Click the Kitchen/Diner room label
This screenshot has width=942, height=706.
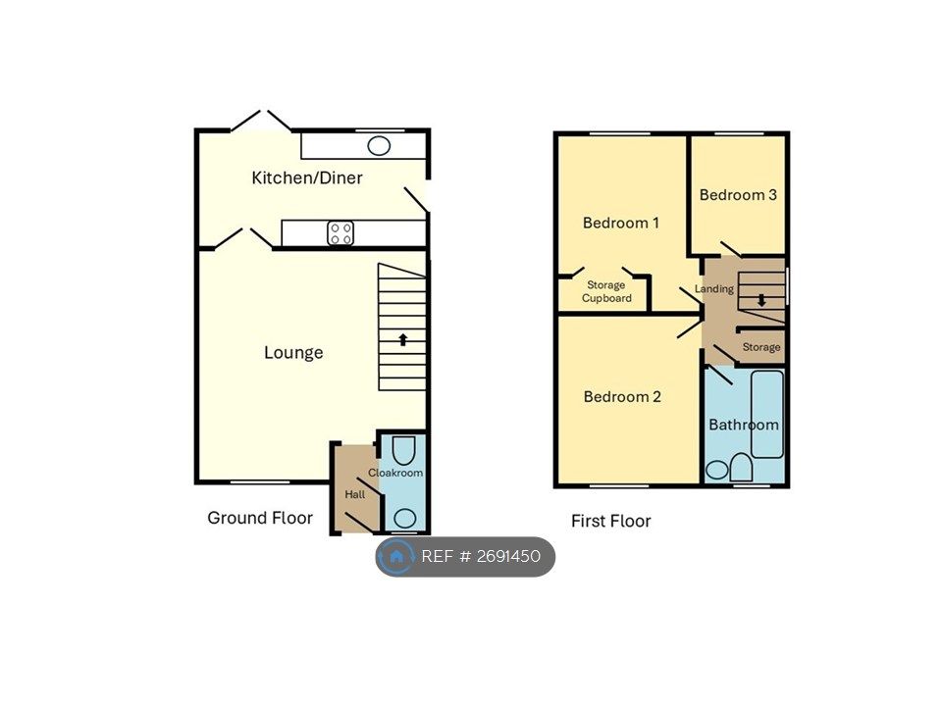[307, 177]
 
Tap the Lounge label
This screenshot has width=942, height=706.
[293, 352]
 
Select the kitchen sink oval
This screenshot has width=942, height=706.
[379, 146]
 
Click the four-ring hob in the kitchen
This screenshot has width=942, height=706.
[340, 233]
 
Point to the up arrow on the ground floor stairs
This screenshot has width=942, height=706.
[402, 339]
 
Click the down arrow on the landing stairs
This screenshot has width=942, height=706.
[761, 300]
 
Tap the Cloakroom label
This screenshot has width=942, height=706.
[395, 473]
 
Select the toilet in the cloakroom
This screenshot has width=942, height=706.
[403, 451]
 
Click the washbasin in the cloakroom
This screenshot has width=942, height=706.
[405, 518]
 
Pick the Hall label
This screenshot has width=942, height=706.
[354, 494]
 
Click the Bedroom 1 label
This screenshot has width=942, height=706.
[620, 224]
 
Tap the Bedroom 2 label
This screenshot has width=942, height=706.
[622, 397]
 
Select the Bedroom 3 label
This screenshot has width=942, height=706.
[738, 195]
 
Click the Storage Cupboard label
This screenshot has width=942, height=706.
[606, 292]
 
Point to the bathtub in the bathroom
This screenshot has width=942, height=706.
[767, 414]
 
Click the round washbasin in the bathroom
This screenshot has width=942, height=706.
[716, 470]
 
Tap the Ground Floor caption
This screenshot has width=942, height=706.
[260, 518]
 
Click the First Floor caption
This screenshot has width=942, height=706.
[611, 521]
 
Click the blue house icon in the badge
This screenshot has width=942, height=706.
[396, 557]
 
